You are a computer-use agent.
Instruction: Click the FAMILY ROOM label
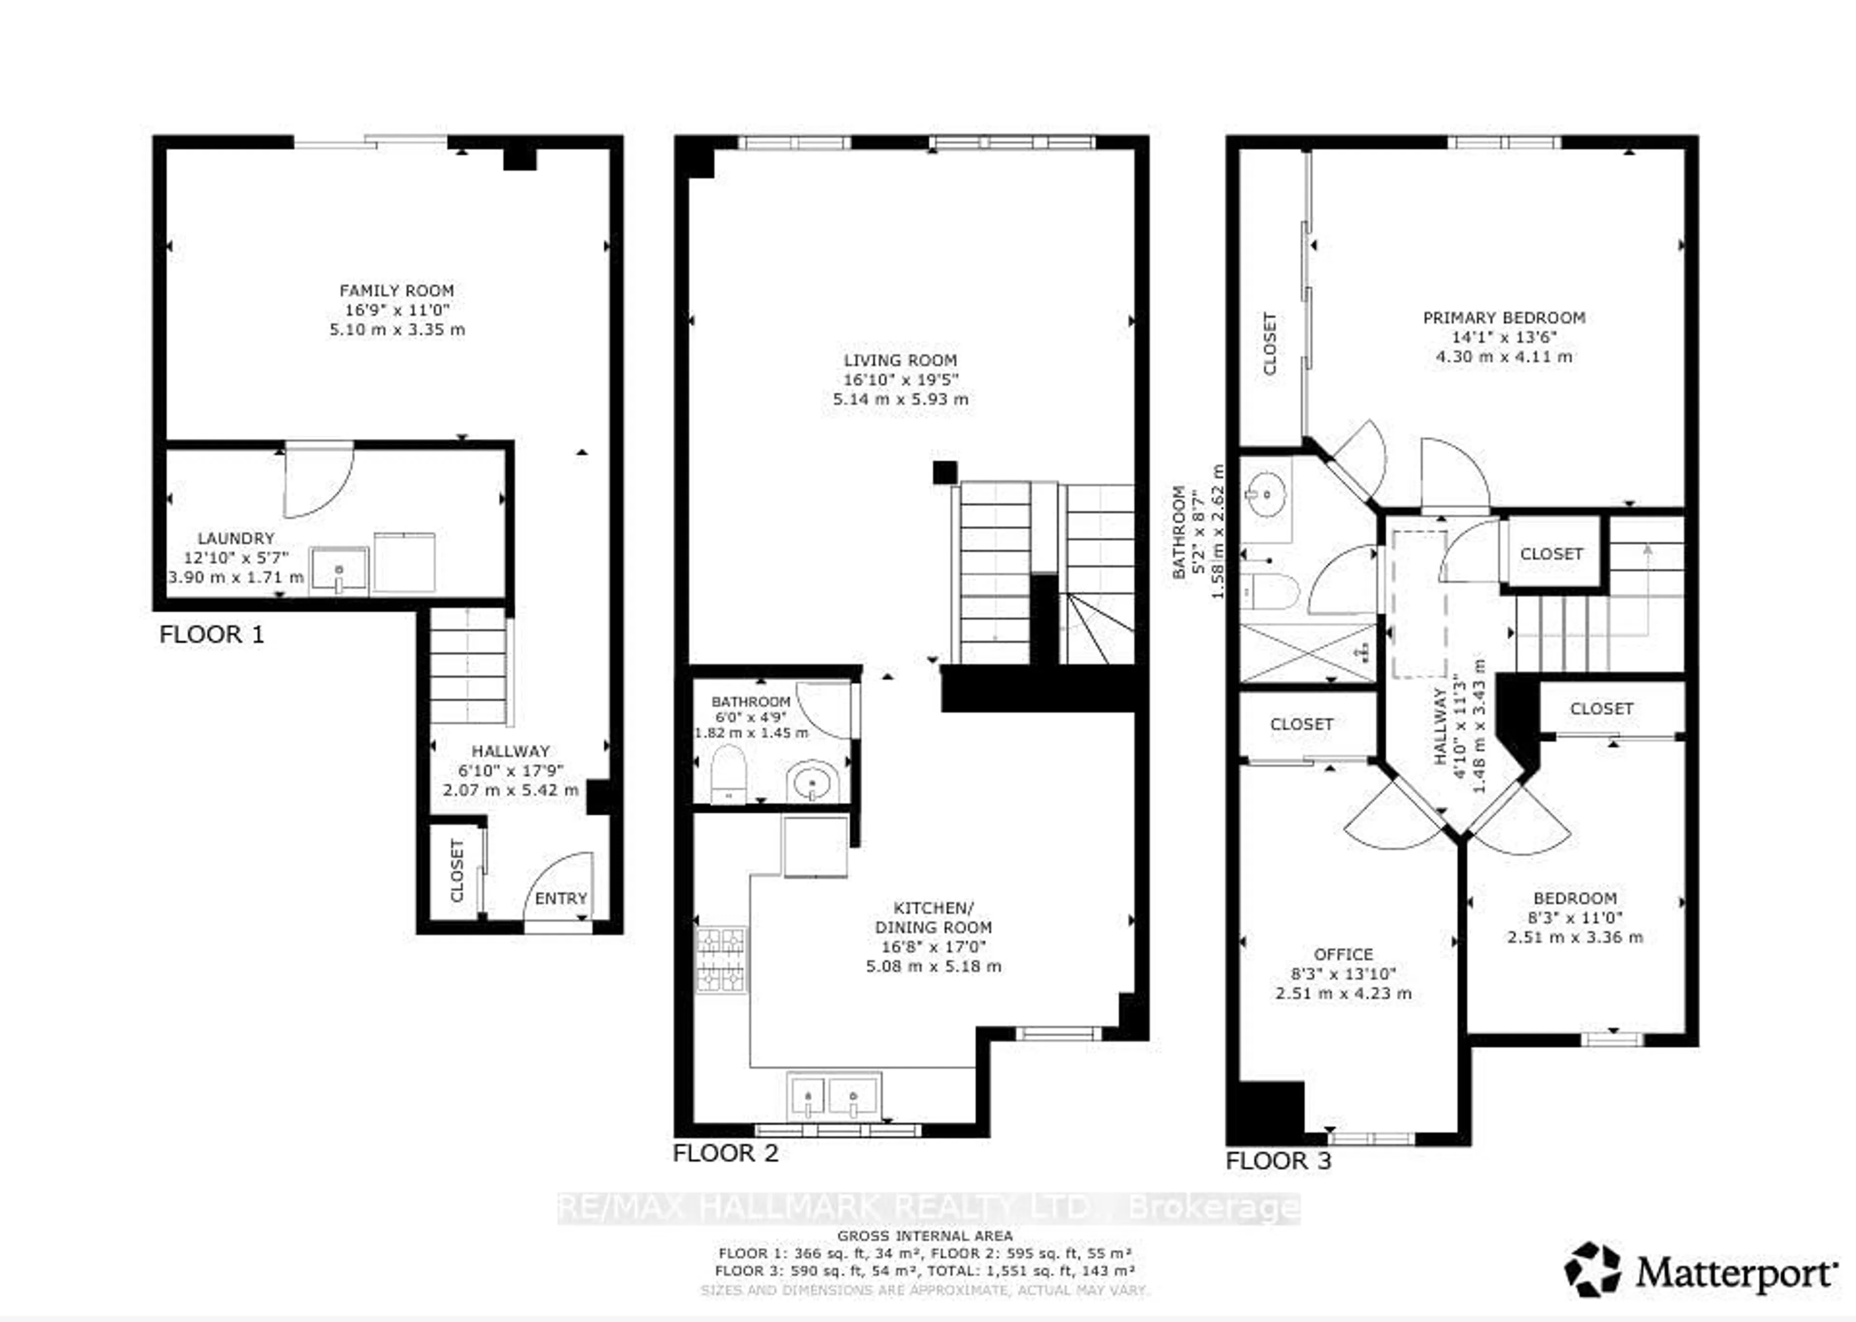click(x=396, y=291)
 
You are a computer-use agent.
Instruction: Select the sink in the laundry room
click(x=339, y=571)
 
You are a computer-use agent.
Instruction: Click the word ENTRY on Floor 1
click(x=560, y=898)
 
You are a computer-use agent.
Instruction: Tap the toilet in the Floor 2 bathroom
click(x=728, y=774)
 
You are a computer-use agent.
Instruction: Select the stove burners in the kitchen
click(x=721, y=960)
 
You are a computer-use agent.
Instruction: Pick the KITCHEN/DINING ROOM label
click(x=933, y=917)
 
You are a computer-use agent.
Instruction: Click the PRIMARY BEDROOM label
click(x=1504, y=318)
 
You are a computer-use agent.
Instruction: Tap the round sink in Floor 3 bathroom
click(x=1264, y=493)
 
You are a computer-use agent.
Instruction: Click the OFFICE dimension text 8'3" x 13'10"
click(x=1343, y=973)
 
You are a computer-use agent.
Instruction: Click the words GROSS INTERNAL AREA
click(x=925, y=1235)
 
